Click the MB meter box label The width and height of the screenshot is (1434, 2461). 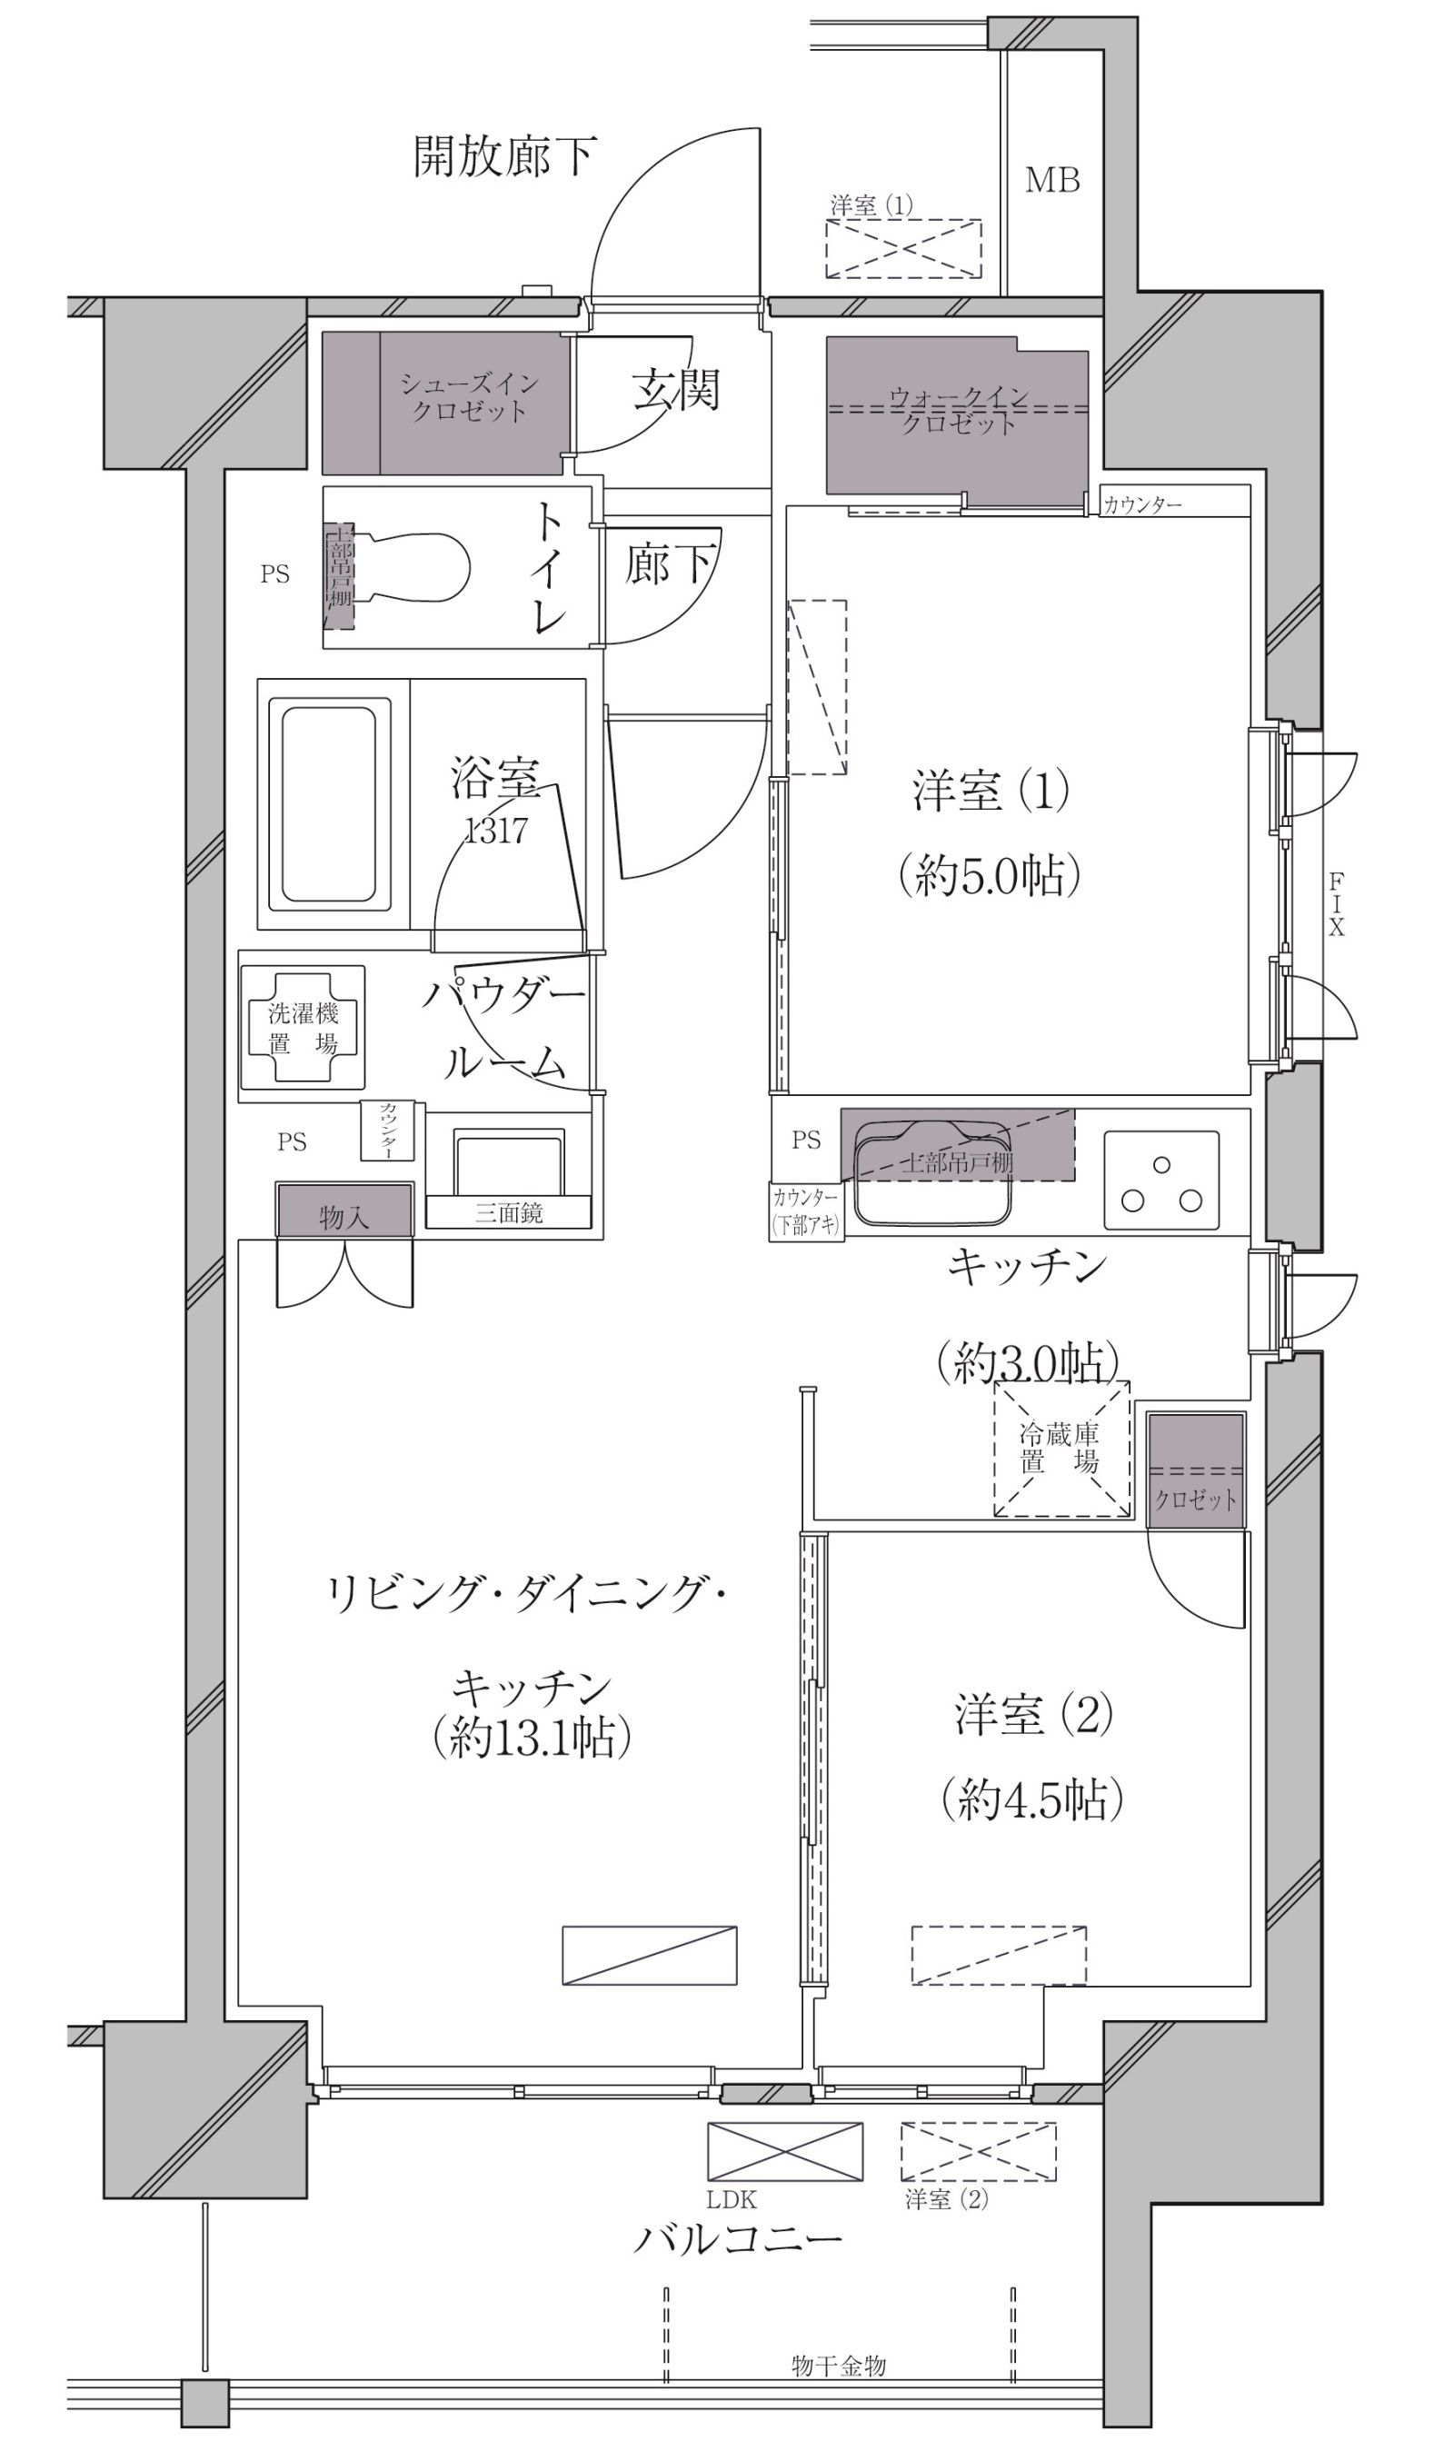tap(1052, 181)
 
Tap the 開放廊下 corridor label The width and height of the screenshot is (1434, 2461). tap(504, 156)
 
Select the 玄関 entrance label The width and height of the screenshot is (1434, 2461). tap(675, 389)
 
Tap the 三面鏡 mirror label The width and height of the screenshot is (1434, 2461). tap(508, 1213)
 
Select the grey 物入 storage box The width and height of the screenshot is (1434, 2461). tap(344, 1211)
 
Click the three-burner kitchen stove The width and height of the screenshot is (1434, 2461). tap(1161, 1180)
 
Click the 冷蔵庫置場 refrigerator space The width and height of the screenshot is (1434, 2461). tap(1061, 1449)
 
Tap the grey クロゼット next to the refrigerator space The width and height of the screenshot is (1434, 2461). tap(1196, 1470)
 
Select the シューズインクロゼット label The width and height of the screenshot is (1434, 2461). tap(470, 397)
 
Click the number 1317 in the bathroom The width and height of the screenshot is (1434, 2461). tap(496, 830)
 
